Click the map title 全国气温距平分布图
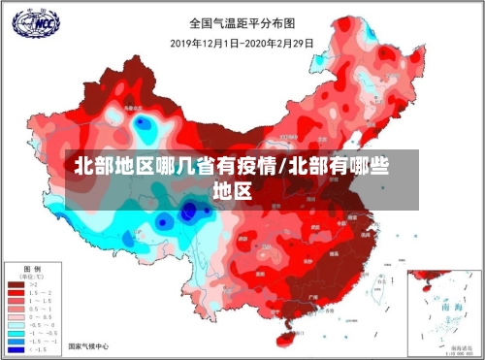(x=242, y=21)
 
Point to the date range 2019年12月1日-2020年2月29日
(x=242, y=43)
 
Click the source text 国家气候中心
(x=87, y=346)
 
